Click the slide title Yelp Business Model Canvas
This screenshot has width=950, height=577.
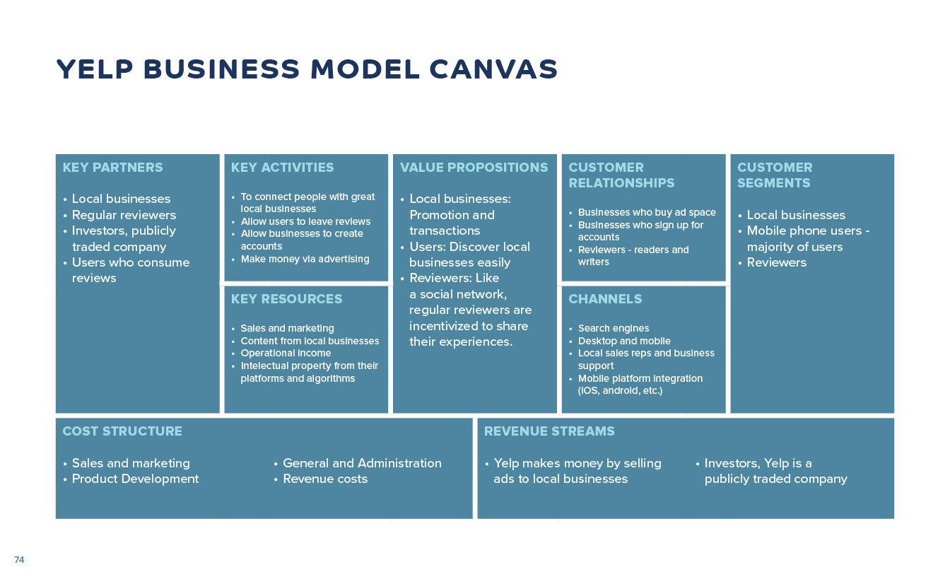coord(307,69)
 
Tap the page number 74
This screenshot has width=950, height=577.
coord(19,559)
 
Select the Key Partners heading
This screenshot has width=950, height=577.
coord(112,168)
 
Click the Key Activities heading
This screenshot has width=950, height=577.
coord(282,168)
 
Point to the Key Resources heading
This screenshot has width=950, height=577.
coord(286,299)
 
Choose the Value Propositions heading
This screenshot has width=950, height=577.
coord(474,168)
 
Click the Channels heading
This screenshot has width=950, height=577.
coord(605,299)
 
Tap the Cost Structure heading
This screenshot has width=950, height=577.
coord(122,431)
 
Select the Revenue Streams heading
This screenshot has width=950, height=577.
coord(549,431)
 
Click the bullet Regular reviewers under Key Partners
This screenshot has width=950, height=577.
coord(124,215)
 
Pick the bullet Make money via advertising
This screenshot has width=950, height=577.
coord(305,259)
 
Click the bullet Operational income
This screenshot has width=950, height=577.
coord(286,353)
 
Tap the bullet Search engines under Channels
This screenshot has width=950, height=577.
coord(614,328)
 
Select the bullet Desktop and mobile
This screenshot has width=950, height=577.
coord(624,341)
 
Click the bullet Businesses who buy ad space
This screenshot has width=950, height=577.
coord(647,212)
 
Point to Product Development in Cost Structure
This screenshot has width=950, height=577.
coord(135,479)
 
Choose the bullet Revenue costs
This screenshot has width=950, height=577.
coord(325,479)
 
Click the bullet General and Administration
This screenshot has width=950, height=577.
coord(362,463)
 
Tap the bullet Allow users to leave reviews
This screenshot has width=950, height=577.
coord(305,221)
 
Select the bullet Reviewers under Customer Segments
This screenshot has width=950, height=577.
coord(776,262)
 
